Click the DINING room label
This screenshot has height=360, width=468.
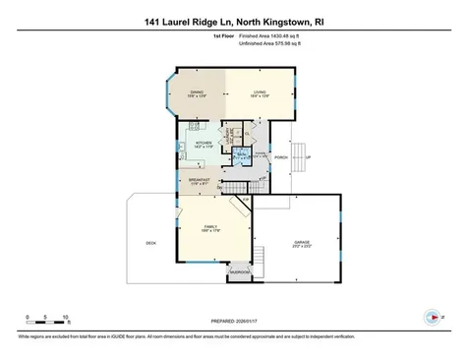pyautogui.click(x=198, y=94)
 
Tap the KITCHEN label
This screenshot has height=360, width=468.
pyautogui.click(x=204, y=144)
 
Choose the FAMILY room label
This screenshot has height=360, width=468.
pyautogui.click(x=210, y=228)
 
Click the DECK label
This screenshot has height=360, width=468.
pyautogui.click(x=150, y=243)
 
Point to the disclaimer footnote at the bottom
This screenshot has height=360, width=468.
pyautogui.click(x=234, y=337)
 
